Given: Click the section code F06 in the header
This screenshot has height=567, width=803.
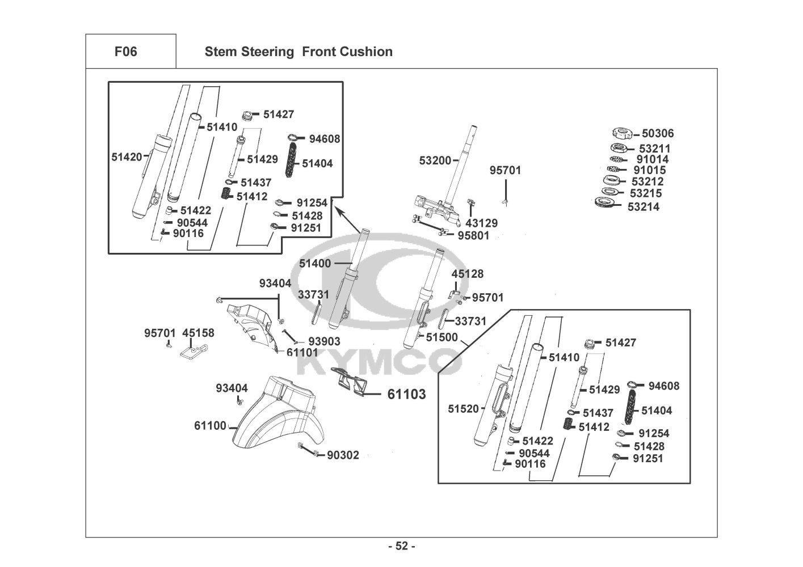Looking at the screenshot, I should tap(125, 52).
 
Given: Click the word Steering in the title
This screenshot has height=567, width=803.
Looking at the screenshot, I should tap(268, 52).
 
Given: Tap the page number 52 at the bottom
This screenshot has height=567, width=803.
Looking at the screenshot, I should tap(402, 546).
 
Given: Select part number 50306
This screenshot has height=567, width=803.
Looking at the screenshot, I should tap(658, 134).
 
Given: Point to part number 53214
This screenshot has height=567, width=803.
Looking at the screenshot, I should tap(643, 207).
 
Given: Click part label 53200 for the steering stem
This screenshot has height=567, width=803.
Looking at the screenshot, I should tap(435, 160).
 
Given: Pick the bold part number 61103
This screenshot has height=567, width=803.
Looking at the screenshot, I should tap(406, 394).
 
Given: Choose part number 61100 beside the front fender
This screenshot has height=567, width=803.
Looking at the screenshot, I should tap(210, 425).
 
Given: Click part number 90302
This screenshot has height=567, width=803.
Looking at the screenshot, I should tap(343, 455).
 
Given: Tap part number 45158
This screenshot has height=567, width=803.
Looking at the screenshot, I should tap(199, 333).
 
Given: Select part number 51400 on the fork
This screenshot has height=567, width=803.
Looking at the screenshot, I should tap(315, 263).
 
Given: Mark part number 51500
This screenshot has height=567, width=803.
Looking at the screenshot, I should tap(442, 337).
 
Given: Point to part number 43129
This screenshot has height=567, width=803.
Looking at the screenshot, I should tap(481, 223).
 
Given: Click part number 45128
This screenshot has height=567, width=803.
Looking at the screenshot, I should tap(468, 274).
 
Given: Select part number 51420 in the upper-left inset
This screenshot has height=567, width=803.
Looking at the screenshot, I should tap(127, 156).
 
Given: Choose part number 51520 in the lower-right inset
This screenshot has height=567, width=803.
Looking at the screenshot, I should tap(464, 408).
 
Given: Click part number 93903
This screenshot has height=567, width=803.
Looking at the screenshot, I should tap(324, 341).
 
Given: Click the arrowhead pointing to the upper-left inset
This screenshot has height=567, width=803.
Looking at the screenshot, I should tap(339, 211).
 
